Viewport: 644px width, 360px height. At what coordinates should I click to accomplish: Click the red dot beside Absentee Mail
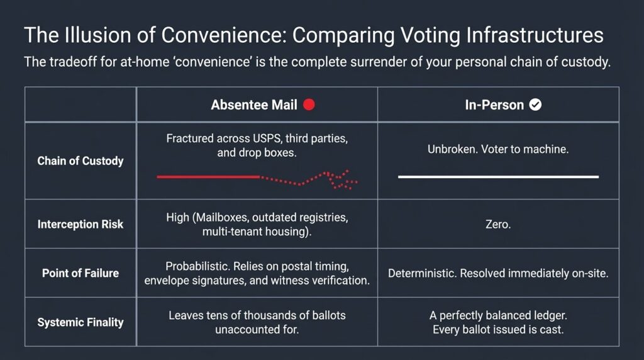[x=309, y=105]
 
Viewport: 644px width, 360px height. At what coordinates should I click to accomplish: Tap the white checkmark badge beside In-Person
[x=535, y=105]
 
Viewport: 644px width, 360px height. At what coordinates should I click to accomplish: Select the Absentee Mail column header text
[x=254, y=105]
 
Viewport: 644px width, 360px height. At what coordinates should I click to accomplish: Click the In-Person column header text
[x=494, y=105]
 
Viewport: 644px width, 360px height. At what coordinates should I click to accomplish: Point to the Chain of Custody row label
[x=80, y=160]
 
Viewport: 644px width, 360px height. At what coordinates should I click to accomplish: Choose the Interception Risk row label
[x=80, y=224]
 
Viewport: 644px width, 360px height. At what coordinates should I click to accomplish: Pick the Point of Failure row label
[x=80, y=273]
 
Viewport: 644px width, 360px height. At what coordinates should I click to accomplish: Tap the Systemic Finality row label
[x=80, y=322]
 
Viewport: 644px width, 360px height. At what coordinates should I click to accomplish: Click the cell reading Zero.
[x=498, y=225]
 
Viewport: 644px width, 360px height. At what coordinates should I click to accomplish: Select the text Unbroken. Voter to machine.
[x=498, y=149]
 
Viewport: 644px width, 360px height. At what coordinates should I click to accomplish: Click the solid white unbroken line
[x=498, y=177]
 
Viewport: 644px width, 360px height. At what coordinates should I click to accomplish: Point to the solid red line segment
[x=208, y=177]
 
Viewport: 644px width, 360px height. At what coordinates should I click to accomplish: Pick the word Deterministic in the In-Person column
[x=422, y=273]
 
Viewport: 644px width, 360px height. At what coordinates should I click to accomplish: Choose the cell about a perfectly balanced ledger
[x=498, y=322]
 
